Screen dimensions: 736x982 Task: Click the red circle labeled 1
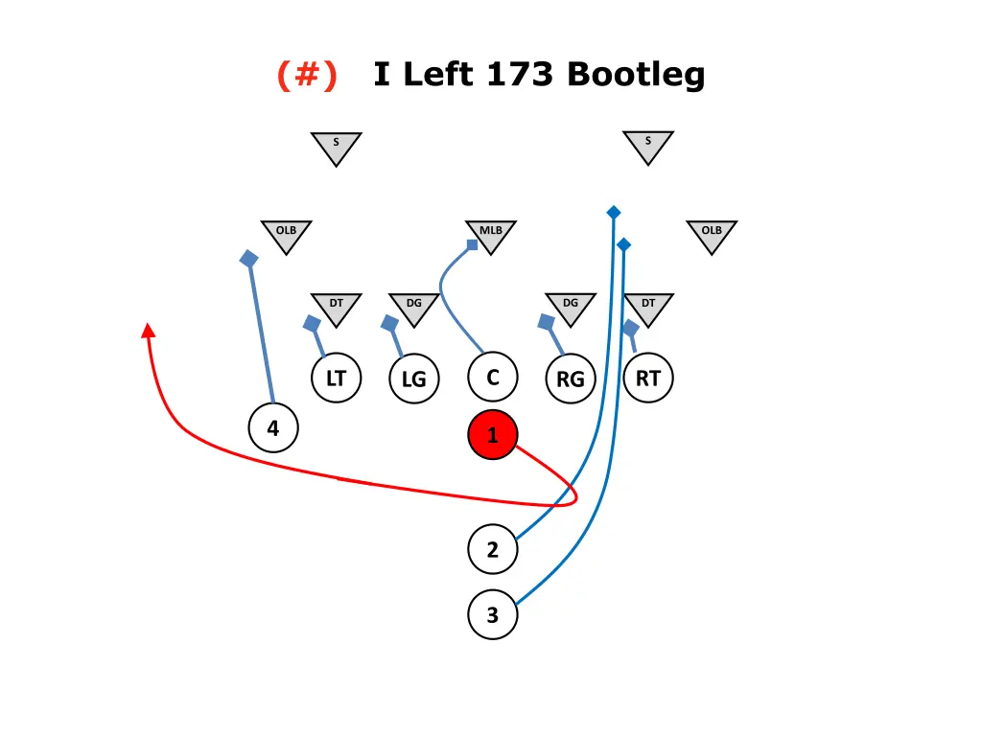point(492,436)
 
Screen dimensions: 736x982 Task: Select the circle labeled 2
point(492,550)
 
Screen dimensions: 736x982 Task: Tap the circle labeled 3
point(492,614)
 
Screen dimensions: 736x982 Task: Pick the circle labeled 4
point(273,428)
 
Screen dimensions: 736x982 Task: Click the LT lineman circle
point(336,379)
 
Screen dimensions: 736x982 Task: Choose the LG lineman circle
point(413,379)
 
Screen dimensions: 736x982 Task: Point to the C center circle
point(492,378)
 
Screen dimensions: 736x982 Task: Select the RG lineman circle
point(571,379)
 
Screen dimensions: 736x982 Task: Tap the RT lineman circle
point(648,379)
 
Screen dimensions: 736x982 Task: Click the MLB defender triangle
point(491,234)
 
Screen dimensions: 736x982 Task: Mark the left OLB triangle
point(286,234)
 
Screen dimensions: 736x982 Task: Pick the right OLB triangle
point(712,234)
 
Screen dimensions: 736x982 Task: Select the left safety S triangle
point(336,146)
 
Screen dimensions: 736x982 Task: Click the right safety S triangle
point(648,145)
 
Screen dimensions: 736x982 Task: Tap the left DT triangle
point(336,307)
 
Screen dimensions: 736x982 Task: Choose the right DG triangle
point(571,307)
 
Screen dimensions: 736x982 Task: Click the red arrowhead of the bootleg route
point(148,331)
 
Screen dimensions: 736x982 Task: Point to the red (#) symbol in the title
point(307,75)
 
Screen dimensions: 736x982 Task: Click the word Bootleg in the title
point(636,75)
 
